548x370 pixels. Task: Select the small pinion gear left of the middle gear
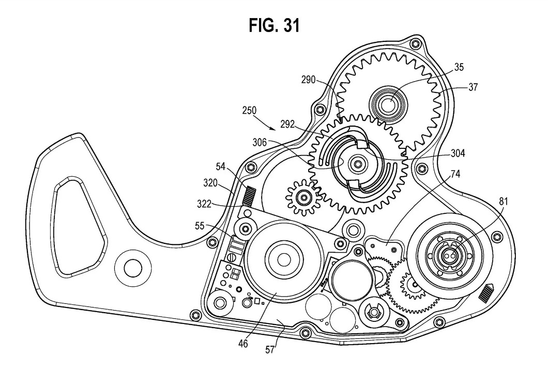coord(302,196)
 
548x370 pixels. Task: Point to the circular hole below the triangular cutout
coord(130,266)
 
